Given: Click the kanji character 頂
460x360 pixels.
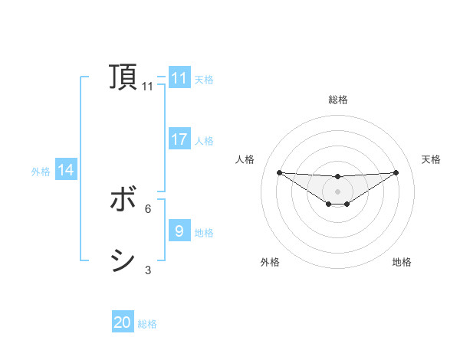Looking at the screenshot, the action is point(123,77).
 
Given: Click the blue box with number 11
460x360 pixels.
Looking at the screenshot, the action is point(179,78).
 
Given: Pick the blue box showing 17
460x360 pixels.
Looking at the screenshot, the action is point(179,139).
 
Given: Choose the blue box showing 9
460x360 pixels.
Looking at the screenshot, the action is point(179,231).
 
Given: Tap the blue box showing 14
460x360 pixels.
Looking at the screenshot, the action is point(66,171).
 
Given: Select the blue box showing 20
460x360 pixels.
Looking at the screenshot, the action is point(123,322).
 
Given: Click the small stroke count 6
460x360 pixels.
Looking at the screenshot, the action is point(148,208).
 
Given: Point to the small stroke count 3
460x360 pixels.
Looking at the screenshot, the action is point(148,270).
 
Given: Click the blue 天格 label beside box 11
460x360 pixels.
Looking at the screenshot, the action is point(204,79).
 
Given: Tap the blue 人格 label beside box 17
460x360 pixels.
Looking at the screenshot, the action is point(204,140).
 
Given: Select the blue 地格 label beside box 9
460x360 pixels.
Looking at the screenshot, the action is point(204,232).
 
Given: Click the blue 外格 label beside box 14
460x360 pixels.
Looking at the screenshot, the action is point(41,172).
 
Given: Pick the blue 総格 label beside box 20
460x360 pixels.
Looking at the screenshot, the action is point(147,323).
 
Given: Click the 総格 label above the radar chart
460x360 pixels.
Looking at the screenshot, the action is point(337,100).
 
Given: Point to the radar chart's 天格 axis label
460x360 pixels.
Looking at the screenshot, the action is point(431,159).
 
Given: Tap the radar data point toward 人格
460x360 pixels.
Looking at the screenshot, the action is point(279,172).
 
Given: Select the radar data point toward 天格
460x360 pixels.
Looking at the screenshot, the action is point(396,172).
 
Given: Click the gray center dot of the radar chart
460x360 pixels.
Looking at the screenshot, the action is point(337,191).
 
